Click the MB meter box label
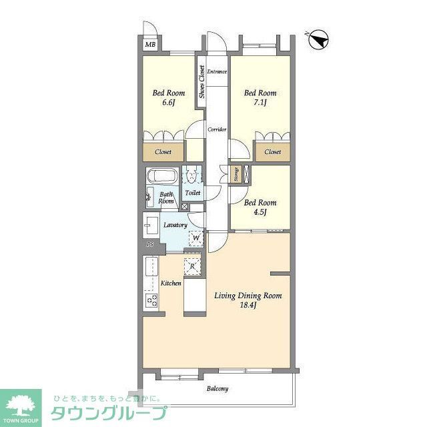150,45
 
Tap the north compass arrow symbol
320,40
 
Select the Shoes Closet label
201,82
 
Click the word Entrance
217,71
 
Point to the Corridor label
217,129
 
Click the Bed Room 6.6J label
168,97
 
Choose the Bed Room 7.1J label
260,97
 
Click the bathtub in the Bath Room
161,177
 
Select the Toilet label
193,193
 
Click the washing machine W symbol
196,237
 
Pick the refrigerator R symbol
192,266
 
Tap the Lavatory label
175,225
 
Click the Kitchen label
171,284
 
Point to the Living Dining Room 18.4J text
248,300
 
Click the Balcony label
218,389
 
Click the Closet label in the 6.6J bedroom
163,152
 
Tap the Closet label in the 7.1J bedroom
272,152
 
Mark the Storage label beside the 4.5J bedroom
236,174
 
